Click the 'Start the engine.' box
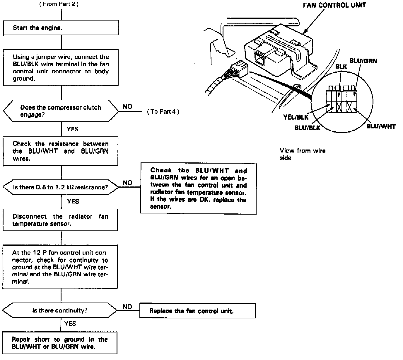[61, 28]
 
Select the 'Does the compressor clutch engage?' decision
[61, 111]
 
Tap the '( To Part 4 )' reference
[163, 112]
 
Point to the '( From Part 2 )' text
[59, 4]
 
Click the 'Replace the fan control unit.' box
[197, 311]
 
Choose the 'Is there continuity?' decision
[60, 310]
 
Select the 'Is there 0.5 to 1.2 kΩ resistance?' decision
[61, 187]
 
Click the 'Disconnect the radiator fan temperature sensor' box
[60, 220]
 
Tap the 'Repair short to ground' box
[60, 343]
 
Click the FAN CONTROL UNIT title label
[334, 5]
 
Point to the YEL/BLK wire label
[296, 117]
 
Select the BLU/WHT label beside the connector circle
[381, 127]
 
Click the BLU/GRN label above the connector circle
[363, 61]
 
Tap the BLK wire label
[341, 67]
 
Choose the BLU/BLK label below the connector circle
[307, 128]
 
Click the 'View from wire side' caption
[302, 154]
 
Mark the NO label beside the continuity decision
[127, 307]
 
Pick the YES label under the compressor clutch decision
[72, 129]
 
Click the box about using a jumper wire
[61, 68]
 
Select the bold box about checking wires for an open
[198, 189]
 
